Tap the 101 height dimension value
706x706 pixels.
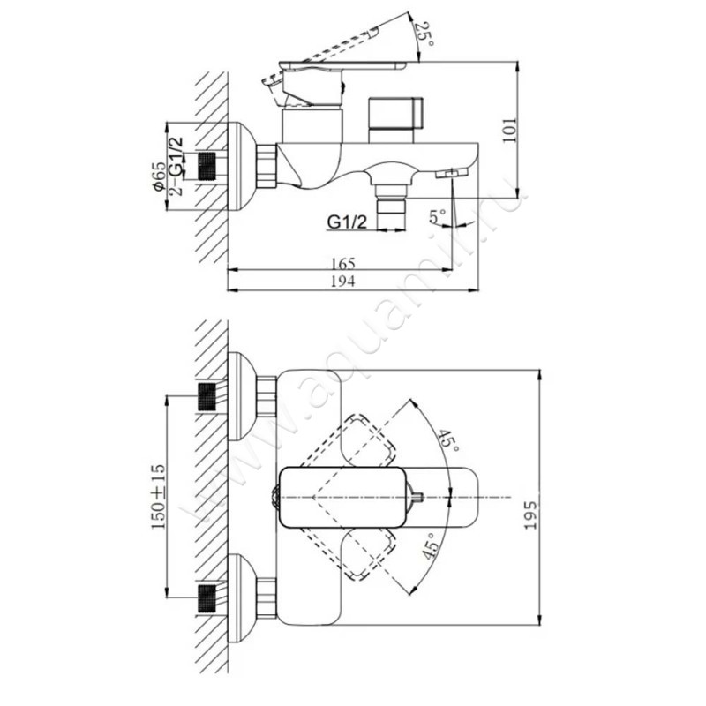click(x=509, y=130)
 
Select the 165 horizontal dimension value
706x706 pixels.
click(x=343, y=263)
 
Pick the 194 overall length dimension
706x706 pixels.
click(x=343, y=282)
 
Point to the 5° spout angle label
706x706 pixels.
click(x=437, y=216)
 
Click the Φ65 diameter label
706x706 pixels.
click(x=159, y=177)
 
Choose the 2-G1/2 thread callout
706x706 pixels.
click(x=176, y=166)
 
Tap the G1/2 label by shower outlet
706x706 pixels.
click(x=347, y=222)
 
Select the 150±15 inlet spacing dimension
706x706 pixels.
click(x=158, y=497)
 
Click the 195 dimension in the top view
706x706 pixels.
click(x=531, y=515)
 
